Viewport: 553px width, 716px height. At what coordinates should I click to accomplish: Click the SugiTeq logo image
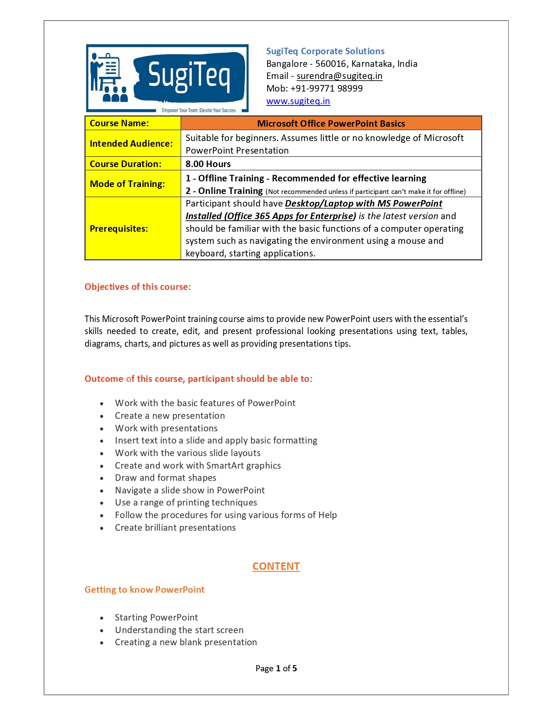tap(167, 78)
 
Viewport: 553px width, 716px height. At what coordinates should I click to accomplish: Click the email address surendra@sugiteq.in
tap(339, 76)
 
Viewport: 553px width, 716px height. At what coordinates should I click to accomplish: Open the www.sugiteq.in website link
tap(298, 101)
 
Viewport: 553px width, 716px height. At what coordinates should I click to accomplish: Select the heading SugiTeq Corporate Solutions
tap(325, 51)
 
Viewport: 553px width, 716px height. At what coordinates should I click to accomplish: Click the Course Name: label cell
tap(119, 123)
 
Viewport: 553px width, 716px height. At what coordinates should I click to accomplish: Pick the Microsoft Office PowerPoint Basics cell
tap(331, 124)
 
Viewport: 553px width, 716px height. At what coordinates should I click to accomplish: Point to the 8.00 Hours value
tap(208, 164)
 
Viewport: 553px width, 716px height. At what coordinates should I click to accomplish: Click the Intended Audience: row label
tap(131, 144)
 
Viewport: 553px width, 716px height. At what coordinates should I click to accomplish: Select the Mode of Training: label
tap(127, 184)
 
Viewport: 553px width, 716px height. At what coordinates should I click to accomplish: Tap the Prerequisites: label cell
tap(119, 229)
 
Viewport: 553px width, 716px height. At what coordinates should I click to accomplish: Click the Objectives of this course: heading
tap(137, 287)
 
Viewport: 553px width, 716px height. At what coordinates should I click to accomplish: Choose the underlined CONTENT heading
tap(276, 566)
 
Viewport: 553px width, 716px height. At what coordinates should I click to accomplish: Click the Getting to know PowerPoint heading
tap(144, 590)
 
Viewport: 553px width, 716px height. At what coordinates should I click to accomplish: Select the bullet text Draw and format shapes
tap(165, 478)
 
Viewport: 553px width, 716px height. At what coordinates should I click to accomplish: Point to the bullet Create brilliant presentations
tap(175, 528)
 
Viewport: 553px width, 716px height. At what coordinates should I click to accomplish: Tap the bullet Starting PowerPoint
tap(156, 617)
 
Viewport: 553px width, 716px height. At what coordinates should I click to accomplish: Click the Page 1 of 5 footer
tap(276, 668)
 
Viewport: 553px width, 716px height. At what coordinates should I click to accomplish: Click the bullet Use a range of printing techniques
tap(186, 503)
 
